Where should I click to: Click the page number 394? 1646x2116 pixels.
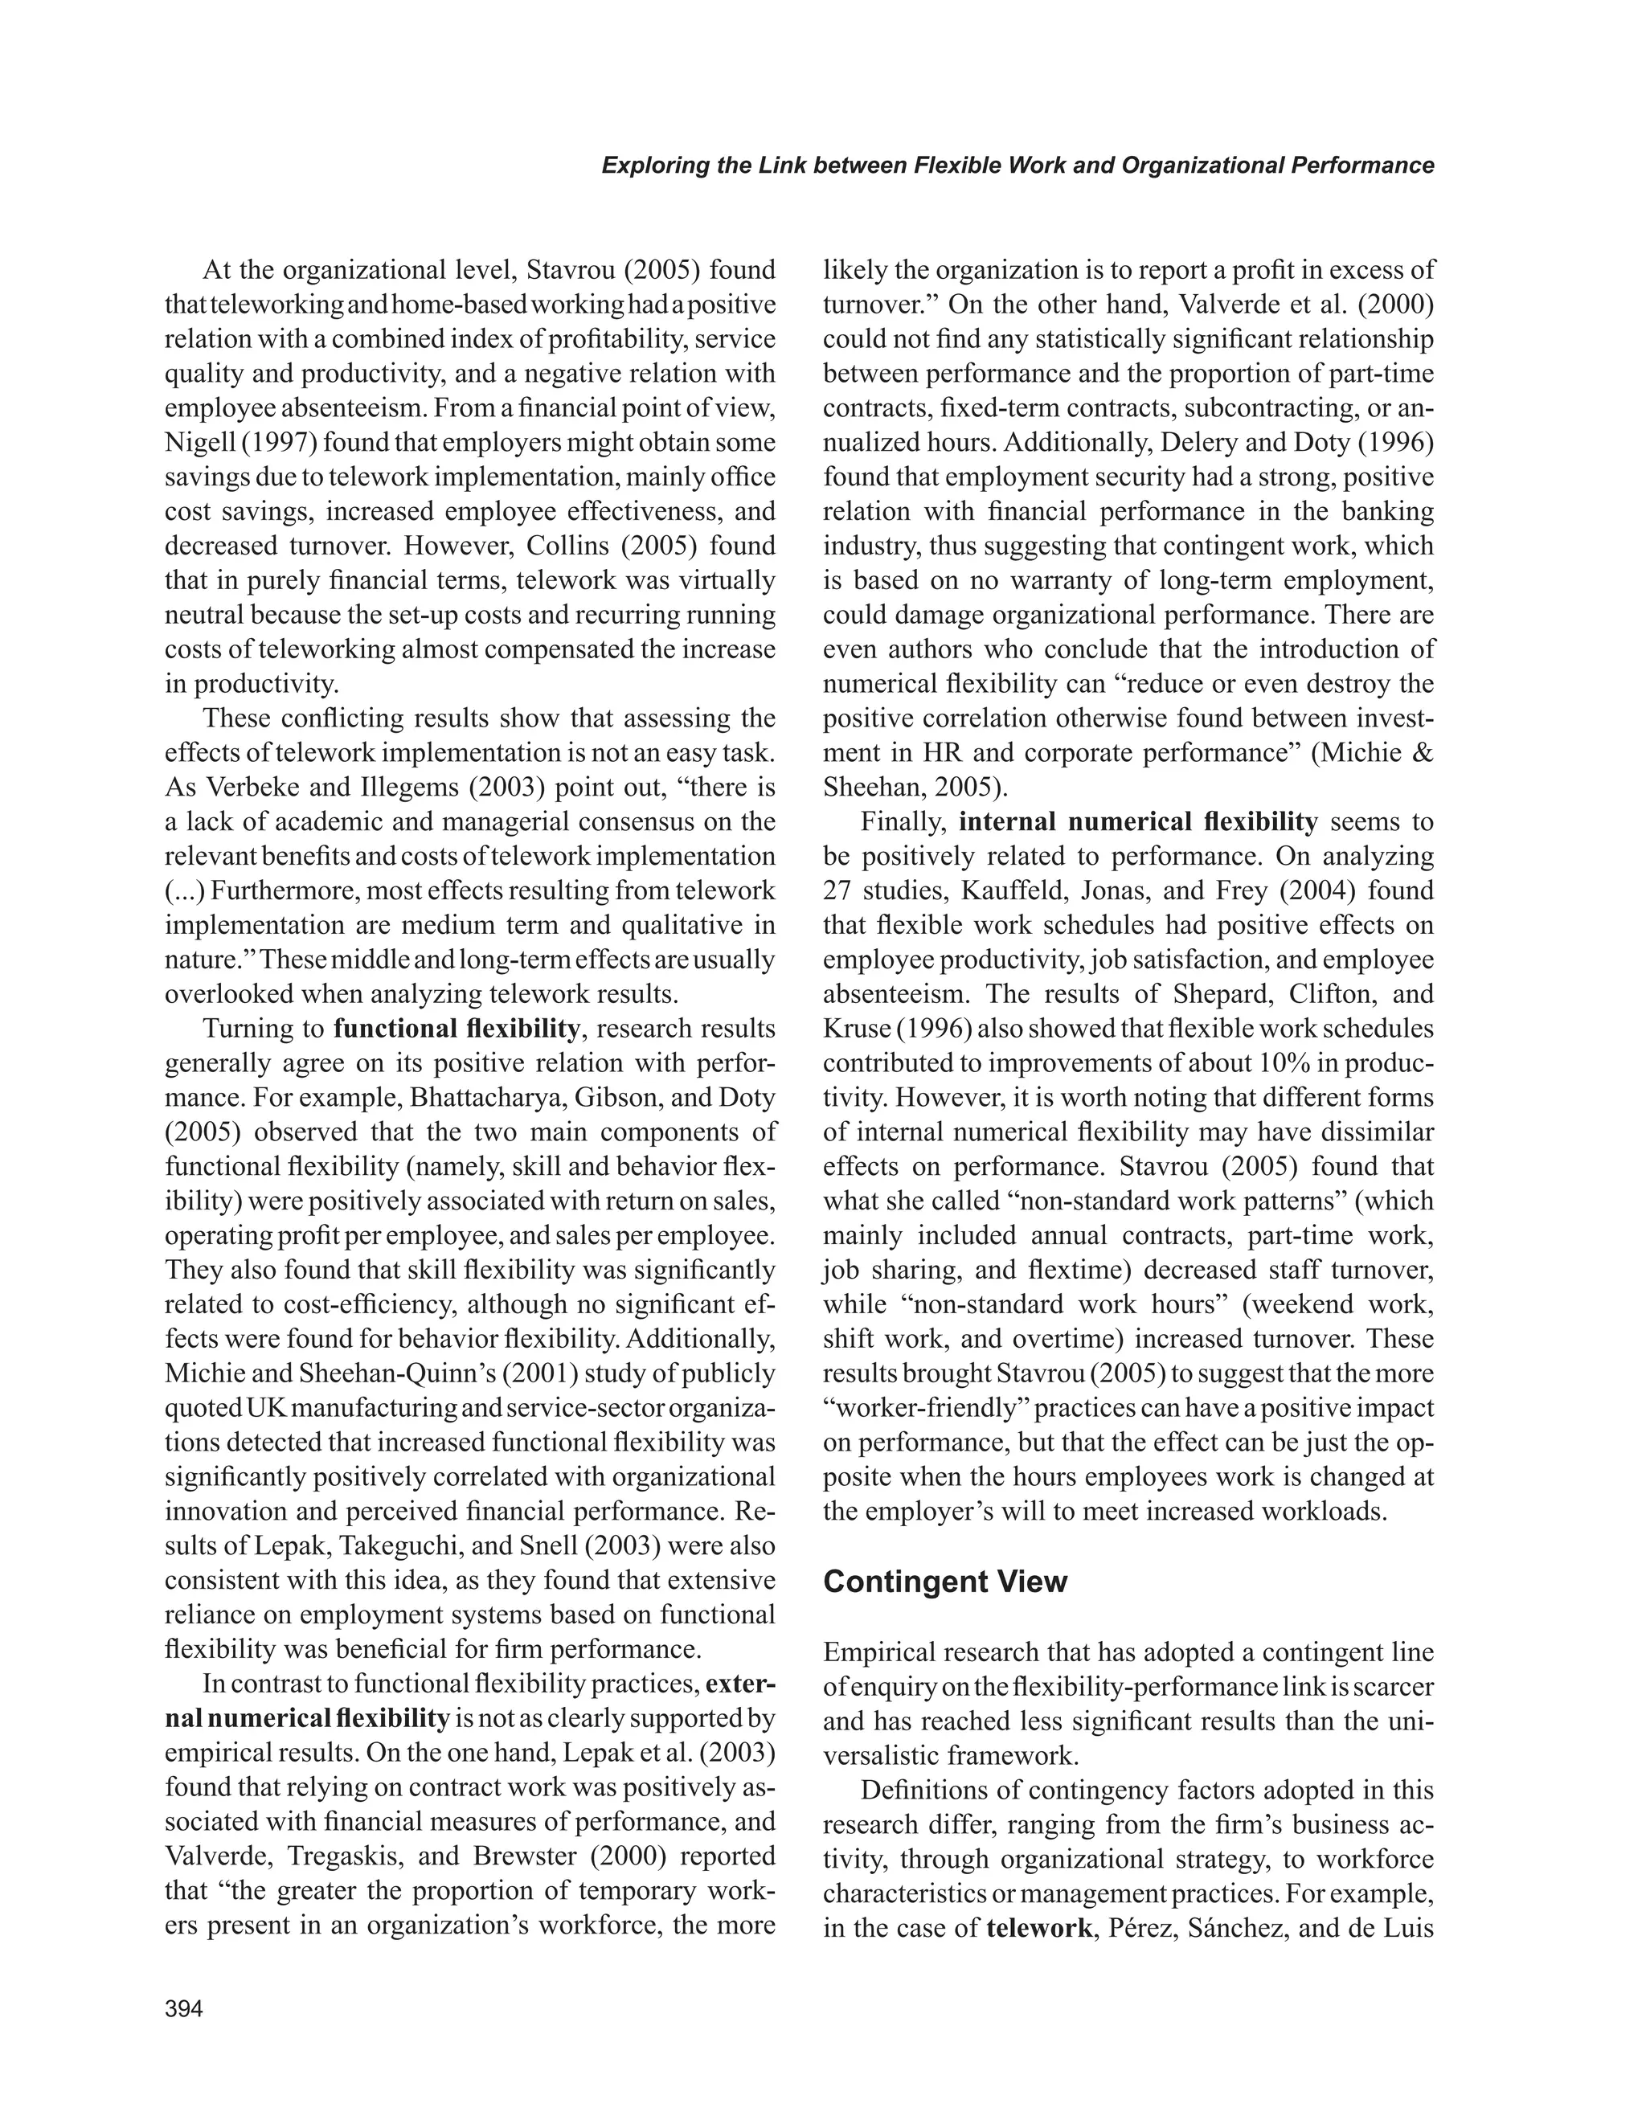pyautogui.click(x=184, y=2009)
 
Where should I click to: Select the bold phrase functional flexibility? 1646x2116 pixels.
pyautogui.click(x=457, y=1028)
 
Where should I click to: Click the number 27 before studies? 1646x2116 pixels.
pyautogui.click(x=839, y=890)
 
